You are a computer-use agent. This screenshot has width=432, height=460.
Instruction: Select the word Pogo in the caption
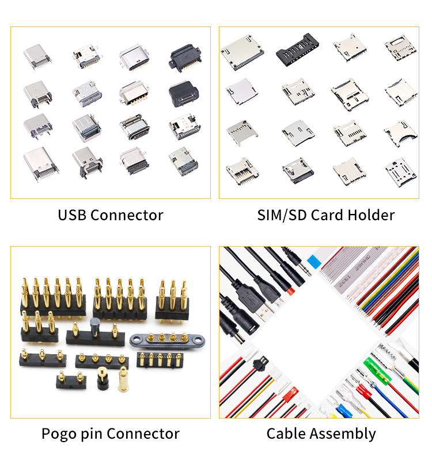click(x=59, y=434)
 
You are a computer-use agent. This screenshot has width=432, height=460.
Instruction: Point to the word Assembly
click(x=343, y=434)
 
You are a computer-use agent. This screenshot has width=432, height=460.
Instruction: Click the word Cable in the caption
click(x=286, y=434)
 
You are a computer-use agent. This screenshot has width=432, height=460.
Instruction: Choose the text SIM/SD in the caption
click(x=282, y=215)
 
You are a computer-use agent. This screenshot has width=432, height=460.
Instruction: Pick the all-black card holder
click(x=297, y=49)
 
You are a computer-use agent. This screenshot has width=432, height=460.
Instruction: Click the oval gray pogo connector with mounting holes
click(x=167, y=340)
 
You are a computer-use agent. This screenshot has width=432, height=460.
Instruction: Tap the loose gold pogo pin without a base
click(x=123, y=379)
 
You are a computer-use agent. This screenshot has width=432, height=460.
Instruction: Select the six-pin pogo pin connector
click(x=53, y=296)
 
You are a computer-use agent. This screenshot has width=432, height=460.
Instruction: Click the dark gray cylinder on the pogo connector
click(x=94, y=326)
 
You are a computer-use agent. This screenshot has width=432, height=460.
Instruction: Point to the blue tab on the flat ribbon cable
click(x=314, y=261)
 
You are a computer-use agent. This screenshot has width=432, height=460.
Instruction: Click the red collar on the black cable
click(x=290, y=292)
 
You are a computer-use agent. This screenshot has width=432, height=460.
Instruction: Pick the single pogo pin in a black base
click(x=103, y=378)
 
